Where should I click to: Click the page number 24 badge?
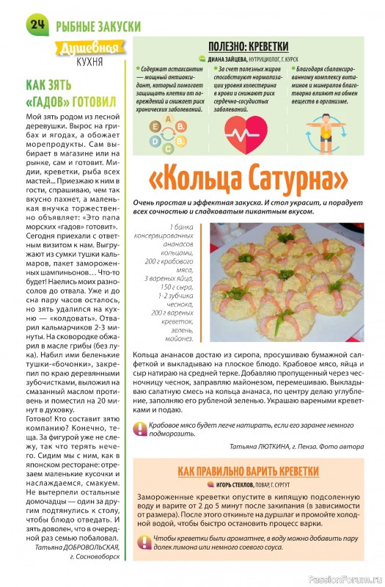(37, 24)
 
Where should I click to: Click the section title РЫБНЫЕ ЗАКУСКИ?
(98, 25)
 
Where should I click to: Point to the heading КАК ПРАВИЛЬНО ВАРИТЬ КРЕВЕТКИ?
(249, 470)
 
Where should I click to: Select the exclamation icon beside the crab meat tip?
(139, 429)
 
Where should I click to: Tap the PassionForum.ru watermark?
(343, 577)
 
